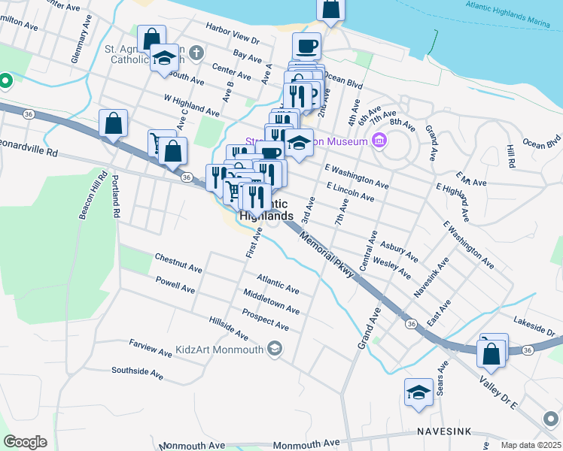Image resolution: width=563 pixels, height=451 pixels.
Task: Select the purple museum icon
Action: (x=379, y=140)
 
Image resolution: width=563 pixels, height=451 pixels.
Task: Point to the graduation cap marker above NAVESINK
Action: (x=419, y=392)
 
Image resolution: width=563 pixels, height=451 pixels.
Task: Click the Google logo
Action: (x=25, y=442)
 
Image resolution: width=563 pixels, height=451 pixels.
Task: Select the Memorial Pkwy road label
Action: (x=326, y=256)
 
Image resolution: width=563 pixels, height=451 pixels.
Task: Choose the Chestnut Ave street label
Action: (x=178, y=258)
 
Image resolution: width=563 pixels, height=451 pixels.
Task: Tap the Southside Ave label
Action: (x=137, y=371)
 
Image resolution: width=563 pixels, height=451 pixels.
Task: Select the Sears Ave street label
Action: (x=442, y=372)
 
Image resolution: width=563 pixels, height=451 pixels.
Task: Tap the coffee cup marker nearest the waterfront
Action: (x=306, y=47)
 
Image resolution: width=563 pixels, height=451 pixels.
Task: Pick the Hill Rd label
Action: (x=510, y=157)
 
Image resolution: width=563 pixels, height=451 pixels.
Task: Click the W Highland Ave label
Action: (x=191, y=106)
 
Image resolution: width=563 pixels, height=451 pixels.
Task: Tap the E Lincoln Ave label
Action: (x=350, y=191)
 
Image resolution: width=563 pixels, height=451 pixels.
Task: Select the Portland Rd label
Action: (x=115, y=196)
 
